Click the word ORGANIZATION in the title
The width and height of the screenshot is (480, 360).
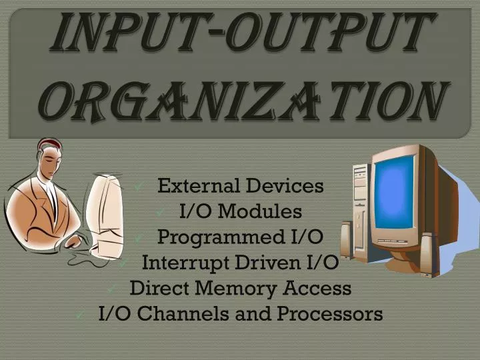click(x=241, y=101)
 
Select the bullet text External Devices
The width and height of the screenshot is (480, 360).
click(x=240, y=186)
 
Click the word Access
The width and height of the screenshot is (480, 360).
click(x=320, y=288)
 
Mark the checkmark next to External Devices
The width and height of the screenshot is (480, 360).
click(x=139, y=187)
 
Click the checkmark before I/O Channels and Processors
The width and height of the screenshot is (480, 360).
click(x=79, y=315)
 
